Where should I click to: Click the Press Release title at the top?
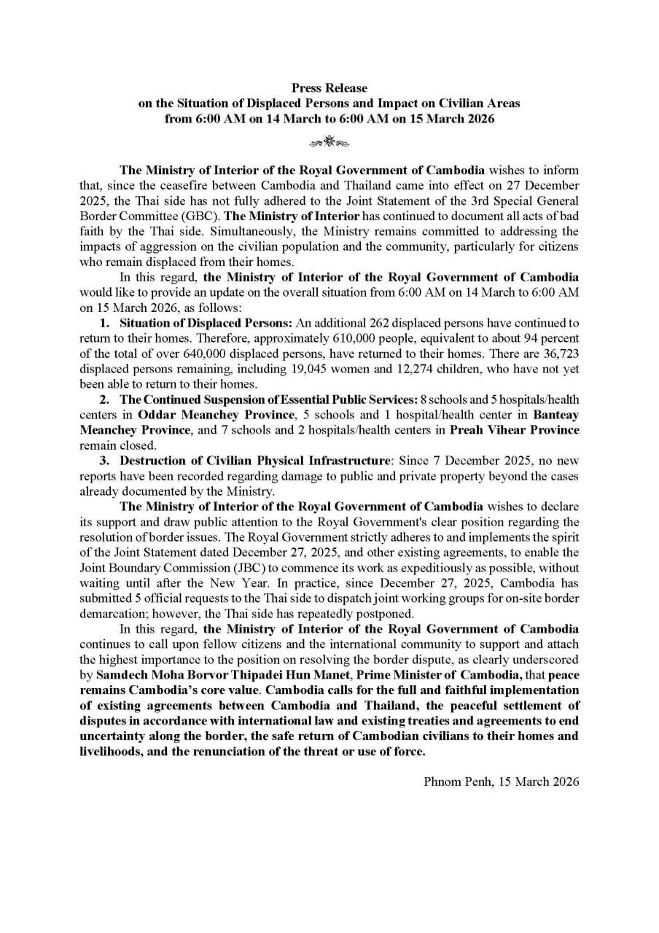[x=329, y=88]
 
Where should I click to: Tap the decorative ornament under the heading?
[x=329, y=141]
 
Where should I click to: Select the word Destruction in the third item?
[x=150, y=461]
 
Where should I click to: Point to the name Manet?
[x=331, y=674]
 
